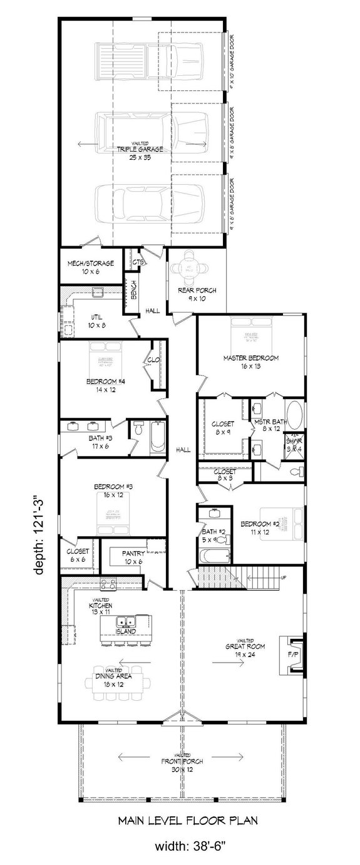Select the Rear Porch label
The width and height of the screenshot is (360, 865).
[x=193, y=294]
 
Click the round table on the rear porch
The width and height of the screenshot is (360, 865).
[x=193, y=271]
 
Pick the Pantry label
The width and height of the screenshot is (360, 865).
[x=134, y=557]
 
